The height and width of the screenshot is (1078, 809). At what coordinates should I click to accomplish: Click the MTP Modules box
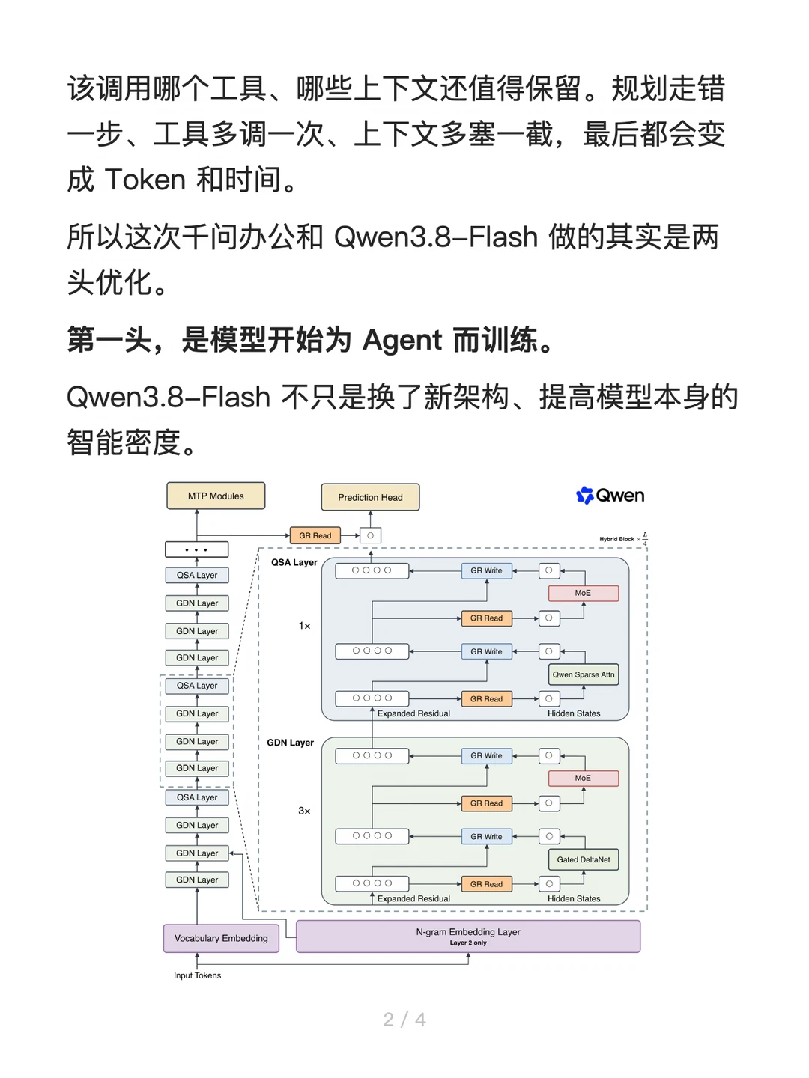216,496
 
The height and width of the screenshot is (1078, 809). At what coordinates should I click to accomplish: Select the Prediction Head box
370,497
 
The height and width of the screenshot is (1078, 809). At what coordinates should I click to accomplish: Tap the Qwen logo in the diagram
610,495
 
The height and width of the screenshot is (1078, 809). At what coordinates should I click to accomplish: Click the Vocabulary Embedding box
221,938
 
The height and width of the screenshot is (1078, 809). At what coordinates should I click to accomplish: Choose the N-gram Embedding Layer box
468,936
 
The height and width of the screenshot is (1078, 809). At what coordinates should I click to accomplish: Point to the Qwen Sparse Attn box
583,674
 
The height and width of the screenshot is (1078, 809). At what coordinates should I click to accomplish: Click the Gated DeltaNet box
583,859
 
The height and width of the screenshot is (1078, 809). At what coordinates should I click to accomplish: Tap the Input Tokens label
197,975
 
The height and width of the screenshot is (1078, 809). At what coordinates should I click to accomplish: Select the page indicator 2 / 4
404,1020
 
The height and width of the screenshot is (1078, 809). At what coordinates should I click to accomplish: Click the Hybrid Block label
616,539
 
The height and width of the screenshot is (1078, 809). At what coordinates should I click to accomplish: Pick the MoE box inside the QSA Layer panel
583,593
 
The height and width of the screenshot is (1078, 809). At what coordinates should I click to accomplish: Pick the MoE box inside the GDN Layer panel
583,778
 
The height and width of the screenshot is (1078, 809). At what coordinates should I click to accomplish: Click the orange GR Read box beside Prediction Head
315,535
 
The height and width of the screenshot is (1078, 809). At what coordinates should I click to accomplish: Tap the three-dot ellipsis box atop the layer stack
196,549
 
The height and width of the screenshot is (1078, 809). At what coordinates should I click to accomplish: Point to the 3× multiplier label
304,811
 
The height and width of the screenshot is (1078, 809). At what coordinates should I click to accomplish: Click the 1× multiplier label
304,626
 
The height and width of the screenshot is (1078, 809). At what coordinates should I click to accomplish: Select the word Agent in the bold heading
402,341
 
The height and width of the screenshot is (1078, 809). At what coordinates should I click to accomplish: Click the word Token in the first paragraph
145,179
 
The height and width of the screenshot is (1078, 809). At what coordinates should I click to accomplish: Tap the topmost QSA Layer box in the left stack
197,575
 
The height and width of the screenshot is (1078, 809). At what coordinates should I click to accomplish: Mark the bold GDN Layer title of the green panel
290,743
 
